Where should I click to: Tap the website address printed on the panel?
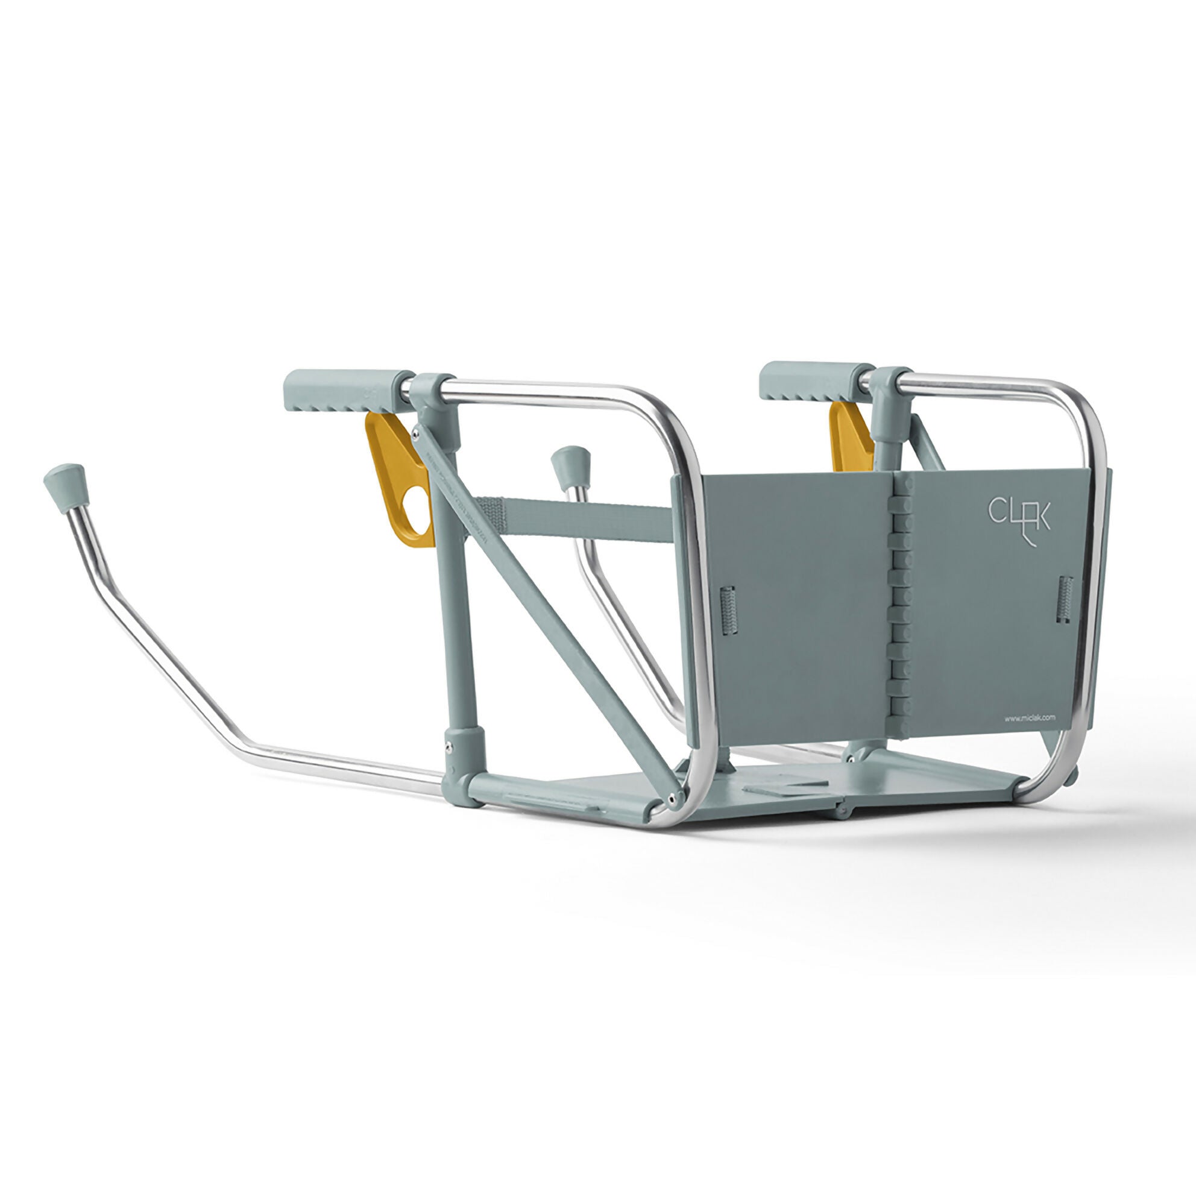coord(1030,719)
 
